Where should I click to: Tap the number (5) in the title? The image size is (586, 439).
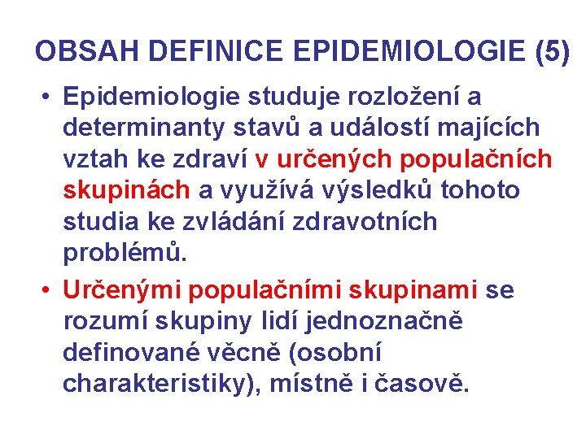(553, 52)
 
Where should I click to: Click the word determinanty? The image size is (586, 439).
(140, 128)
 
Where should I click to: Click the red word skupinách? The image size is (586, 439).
(126, 190)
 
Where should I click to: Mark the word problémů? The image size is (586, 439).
(125, 252)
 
